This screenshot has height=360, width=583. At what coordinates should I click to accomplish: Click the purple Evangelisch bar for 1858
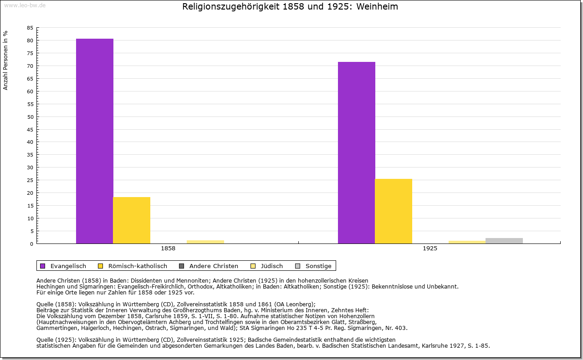[95, 141]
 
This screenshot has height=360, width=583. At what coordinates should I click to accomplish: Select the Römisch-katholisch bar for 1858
[132, 220]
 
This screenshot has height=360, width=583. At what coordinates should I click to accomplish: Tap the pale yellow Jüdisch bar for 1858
[205, 242]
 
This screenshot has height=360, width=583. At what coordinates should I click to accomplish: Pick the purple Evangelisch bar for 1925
[357, 152]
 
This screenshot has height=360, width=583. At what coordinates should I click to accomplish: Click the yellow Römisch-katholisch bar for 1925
[394, 211]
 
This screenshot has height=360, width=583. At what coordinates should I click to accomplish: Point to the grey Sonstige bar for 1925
[504, 241]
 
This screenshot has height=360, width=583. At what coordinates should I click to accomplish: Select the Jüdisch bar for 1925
[467, 242]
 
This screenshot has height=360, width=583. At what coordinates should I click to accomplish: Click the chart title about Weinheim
[290, 7]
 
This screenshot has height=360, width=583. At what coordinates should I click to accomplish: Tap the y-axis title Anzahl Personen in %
[5, 60]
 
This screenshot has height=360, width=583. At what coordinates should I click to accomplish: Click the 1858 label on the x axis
[168, 249]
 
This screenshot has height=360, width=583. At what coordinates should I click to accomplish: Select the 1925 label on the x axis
[430, 249]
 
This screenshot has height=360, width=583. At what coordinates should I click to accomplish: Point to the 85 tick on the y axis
[30, 28]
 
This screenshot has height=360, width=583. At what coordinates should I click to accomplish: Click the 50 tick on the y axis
[30, 117]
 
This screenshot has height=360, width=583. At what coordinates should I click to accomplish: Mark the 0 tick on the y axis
[31, 243]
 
